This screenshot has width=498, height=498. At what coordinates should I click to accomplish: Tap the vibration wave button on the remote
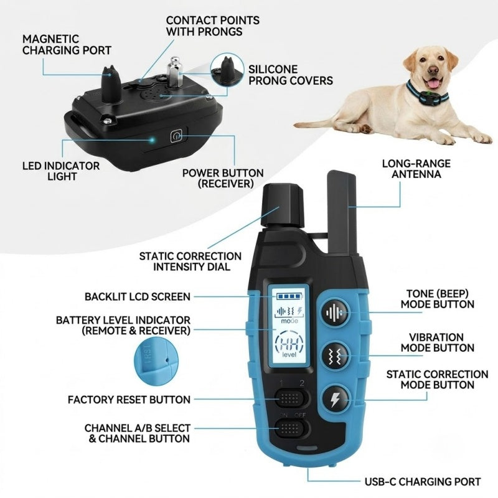[336, 355]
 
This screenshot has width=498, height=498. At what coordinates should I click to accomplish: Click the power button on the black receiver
[176, 136]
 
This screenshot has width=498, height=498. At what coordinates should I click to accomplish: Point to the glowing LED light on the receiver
[153, 139]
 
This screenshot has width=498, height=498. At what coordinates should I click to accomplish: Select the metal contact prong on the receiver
[174, 72]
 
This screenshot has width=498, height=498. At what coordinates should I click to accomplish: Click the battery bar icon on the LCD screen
[288, 296]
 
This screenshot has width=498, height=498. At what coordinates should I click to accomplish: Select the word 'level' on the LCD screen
[289, 354]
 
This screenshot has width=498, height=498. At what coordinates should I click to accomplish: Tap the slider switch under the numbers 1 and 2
[291, 398]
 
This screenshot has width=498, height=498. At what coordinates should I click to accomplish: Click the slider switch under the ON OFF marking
[291, 428]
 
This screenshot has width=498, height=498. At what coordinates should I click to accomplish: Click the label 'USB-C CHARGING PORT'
[423, 481]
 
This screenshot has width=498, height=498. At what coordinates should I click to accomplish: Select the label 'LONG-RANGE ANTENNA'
[416, 169]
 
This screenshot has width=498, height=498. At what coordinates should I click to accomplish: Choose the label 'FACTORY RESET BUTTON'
[129, 400]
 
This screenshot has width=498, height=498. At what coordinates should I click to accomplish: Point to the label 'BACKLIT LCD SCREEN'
[138, 297]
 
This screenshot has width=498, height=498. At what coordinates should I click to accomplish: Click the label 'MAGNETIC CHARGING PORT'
[67, 44]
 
